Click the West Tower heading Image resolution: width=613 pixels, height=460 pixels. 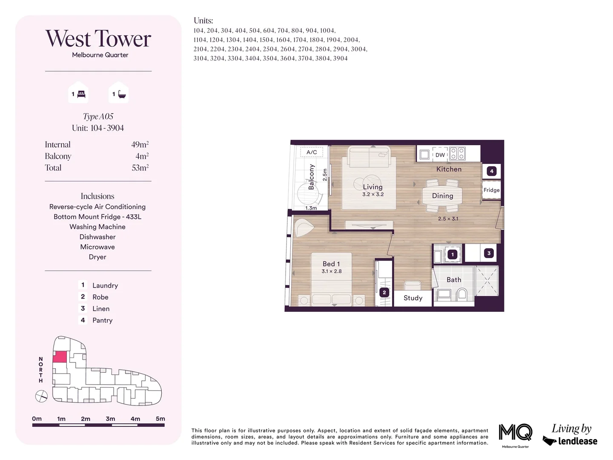98,39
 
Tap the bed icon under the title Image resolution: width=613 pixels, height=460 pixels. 81,94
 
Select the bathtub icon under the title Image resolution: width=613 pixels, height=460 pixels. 122,94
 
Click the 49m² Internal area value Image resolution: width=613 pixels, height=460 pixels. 140,144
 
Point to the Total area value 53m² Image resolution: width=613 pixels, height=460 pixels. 140,168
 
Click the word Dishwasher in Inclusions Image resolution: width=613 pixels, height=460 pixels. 97,237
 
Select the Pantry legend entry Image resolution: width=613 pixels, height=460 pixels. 102,320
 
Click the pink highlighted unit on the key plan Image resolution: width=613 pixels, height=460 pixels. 60,357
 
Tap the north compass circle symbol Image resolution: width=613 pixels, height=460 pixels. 41,397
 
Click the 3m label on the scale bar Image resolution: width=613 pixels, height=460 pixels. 110,419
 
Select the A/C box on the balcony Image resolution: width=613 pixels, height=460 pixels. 312,152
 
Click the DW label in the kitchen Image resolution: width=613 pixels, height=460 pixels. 440,155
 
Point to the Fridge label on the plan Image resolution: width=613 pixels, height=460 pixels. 491,190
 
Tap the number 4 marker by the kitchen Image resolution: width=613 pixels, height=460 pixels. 492,171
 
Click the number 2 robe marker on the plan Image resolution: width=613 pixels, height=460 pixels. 384,293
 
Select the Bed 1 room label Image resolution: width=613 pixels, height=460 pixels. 331,264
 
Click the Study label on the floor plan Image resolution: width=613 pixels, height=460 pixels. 413,298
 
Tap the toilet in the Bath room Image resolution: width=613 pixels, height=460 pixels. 462,293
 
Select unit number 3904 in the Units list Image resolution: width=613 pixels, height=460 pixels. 340,58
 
